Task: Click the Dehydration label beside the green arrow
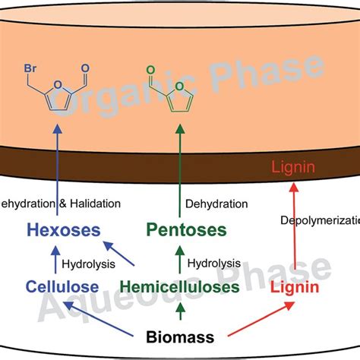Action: (217, 204)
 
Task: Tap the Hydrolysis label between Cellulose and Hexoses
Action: (90, 265)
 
